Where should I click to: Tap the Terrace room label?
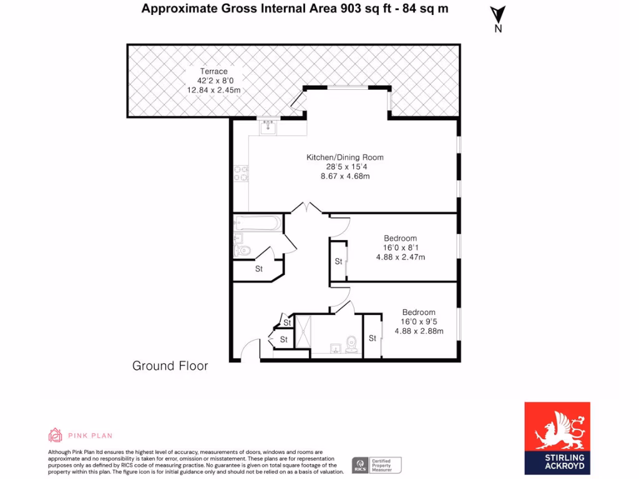213,72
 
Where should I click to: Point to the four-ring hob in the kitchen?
240,173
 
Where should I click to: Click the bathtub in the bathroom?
258,222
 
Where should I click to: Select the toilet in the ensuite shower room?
352,344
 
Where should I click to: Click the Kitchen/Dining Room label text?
344,157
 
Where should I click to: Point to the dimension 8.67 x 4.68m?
344,176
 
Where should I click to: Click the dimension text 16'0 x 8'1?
400,248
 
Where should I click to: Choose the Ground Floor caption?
170,366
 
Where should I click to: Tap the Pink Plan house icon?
56,435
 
